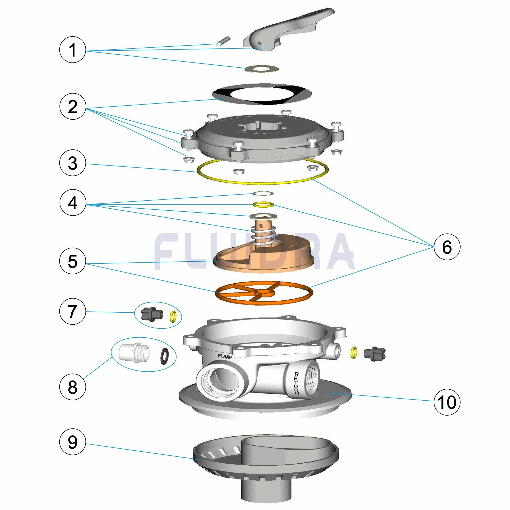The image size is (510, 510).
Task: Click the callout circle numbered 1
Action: coord(73,50)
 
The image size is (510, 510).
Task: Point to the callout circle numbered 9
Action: coord(73,442)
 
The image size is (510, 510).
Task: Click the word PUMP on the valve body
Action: coord(225,356)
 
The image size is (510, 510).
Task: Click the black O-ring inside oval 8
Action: coord(165,355)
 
